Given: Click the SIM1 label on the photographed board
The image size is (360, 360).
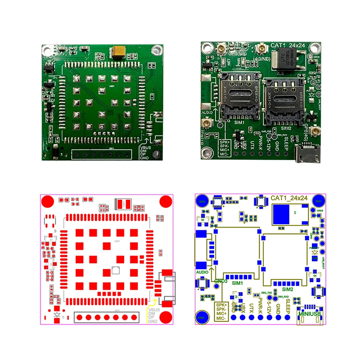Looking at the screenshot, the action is [238, 123].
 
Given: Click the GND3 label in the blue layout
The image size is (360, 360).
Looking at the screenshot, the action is [221, 281].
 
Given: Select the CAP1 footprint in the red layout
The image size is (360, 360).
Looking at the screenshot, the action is [123, 205].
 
